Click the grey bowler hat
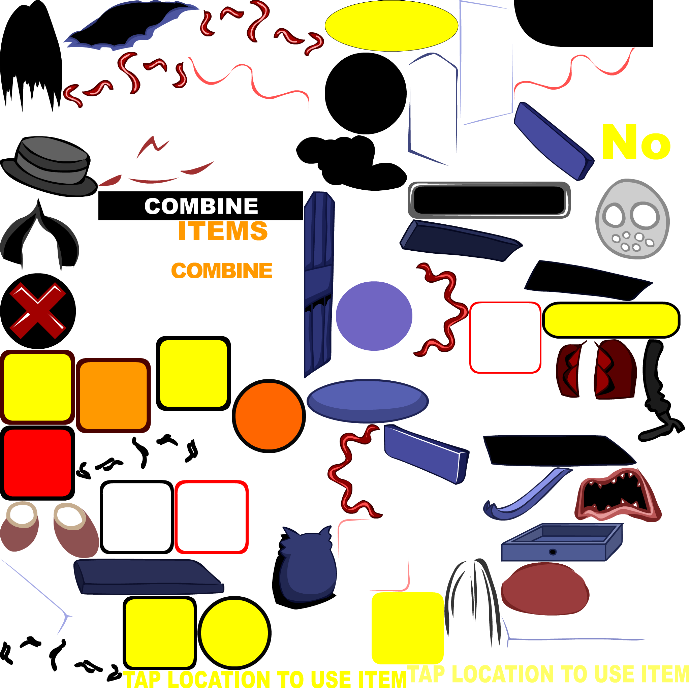click(x=50, y=166)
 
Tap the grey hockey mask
click(x=632, y=219)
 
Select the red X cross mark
click(x=37, y=310)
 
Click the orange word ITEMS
click(x=222, y=231)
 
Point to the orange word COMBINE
click(x=222, y=270)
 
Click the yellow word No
click(x=636, y=142)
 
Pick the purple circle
click(x=374, y=316)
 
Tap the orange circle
click(x=269, y=416)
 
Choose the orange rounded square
click(x=113, y=396)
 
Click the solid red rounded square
click(x=37, y=463)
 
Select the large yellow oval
click(x=391, y=26)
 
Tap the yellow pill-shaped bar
click(x=611, y=320)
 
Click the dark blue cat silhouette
click(x=308, y=564)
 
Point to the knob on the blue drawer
click(x=553, y=552)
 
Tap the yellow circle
click(x=234, y=633)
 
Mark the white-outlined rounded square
click(x=446, y=522)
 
